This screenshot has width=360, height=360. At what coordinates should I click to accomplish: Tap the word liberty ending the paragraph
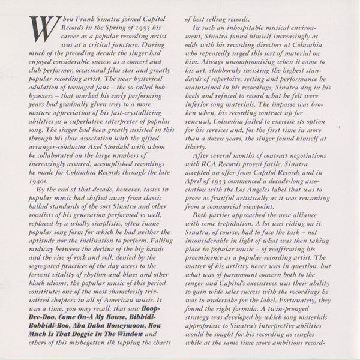point(198,146)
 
